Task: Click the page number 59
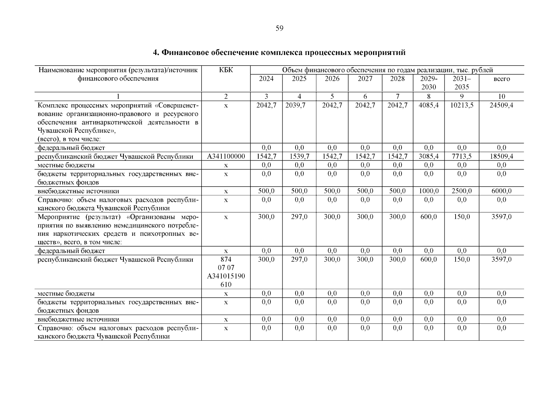pyautogui.click(x=279, y=29)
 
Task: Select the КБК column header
pyautogui.click(x=226, y=70)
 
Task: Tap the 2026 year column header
pyautogui.click(x=332, y=79)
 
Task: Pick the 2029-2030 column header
pyautogui.click(x=429, y=83)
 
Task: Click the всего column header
pyautogui.click(x=501, y=79)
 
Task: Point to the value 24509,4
pyautogui.click(x=501, y=105)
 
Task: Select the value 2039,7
pyautogui.click(x=299, y=105)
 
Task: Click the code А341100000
pyautogui.click(x=226, y=156)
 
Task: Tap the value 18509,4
pyautogui.click(x=501, y=156)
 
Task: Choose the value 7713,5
pyautogui.click(x=461, y=156)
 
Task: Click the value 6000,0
pyautogui.click(x=501, y=191)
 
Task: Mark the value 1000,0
pyautogui.click(x=429, y=191)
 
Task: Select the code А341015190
pyautogui.click(x=226, y=276)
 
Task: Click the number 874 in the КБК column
pyautogui.click(x=226, y=259)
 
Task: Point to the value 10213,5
pyautogui.click(x=461, y=105)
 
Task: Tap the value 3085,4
pyautogui.click(x=429, y=156)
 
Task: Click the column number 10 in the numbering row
pyautogui.click(x=501, y=96)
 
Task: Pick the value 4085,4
pyautogui.click(x=429, y=105)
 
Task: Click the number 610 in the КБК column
pyautogui.click(x=226, y=285)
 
